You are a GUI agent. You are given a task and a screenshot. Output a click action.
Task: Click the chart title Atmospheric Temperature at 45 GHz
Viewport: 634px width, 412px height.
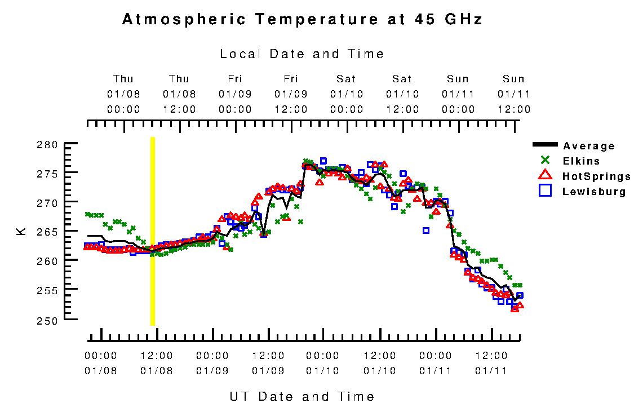click(x=302, y=20)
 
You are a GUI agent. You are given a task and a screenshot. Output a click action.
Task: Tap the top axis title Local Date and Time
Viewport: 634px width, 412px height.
click(x=302, y=54)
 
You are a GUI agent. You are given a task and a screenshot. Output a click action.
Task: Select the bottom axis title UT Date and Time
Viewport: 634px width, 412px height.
click(x=302, y=396)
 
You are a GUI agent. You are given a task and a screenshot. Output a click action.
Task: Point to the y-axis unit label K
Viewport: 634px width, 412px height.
click(x=21, y=231)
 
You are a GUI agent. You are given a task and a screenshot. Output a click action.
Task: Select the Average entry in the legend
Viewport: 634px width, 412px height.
click(x=589, y=146)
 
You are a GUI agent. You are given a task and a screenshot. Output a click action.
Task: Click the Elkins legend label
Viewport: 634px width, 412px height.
click(x=581, y=161)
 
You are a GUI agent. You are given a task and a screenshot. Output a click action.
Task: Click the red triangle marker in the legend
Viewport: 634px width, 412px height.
click(x=544, y=176)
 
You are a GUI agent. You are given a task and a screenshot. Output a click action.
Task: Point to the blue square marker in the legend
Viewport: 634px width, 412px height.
click(x=544, y=191)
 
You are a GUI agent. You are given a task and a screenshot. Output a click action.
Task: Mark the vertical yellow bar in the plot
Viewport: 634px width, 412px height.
click(x=152, y=231)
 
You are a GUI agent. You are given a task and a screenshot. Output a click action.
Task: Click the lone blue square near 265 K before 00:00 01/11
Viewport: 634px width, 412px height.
click(x=426, y=230)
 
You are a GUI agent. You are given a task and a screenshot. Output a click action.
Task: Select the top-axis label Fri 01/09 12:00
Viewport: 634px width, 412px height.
click(x=291, y=94)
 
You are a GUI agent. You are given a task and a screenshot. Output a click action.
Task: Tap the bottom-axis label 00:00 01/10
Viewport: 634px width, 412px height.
click(x=323, y=363)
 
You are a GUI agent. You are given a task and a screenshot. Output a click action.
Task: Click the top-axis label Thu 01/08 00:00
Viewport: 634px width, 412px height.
click(x=123, y=94)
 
